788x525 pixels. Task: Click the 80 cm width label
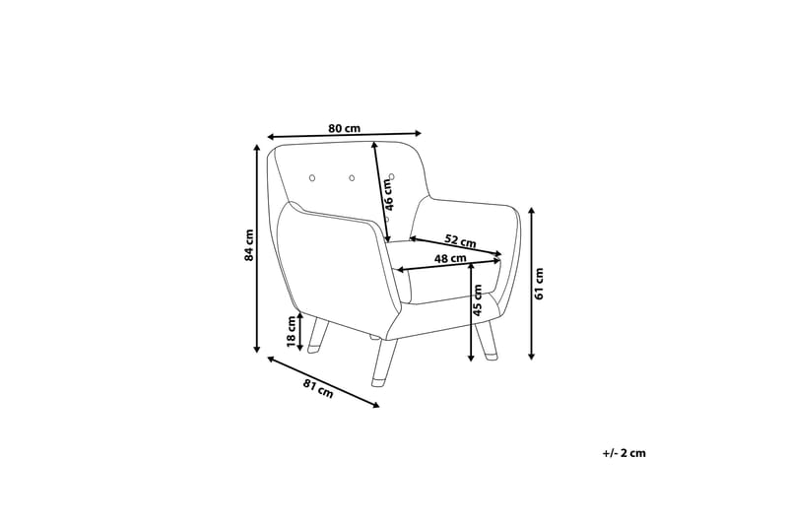(344, 128)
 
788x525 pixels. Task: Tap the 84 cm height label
(248, 245)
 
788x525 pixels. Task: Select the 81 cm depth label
(318, 388)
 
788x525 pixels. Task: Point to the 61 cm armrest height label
(539, 284)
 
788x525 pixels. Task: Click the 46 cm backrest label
(388, 194)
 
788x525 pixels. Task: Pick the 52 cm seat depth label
(460, 240)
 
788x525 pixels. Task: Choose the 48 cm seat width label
(450, 259)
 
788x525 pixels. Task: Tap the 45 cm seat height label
(478, 299)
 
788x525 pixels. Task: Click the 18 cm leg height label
(291, 332)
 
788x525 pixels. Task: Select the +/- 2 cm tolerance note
(624, 453)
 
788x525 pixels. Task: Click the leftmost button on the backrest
(311, 178)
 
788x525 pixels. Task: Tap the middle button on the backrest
(352, 178)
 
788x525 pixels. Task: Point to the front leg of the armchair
(384, 362)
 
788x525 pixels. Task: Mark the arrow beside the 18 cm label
(300, 332)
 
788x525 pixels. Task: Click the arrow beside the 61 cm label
(532, 284)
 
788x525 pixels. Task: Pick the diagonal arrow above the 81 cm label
(323, 382)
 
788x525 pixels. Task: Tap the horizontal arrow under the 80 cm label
(344, 135)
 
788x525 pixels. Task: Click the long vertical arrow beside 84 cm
(257, 248)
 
